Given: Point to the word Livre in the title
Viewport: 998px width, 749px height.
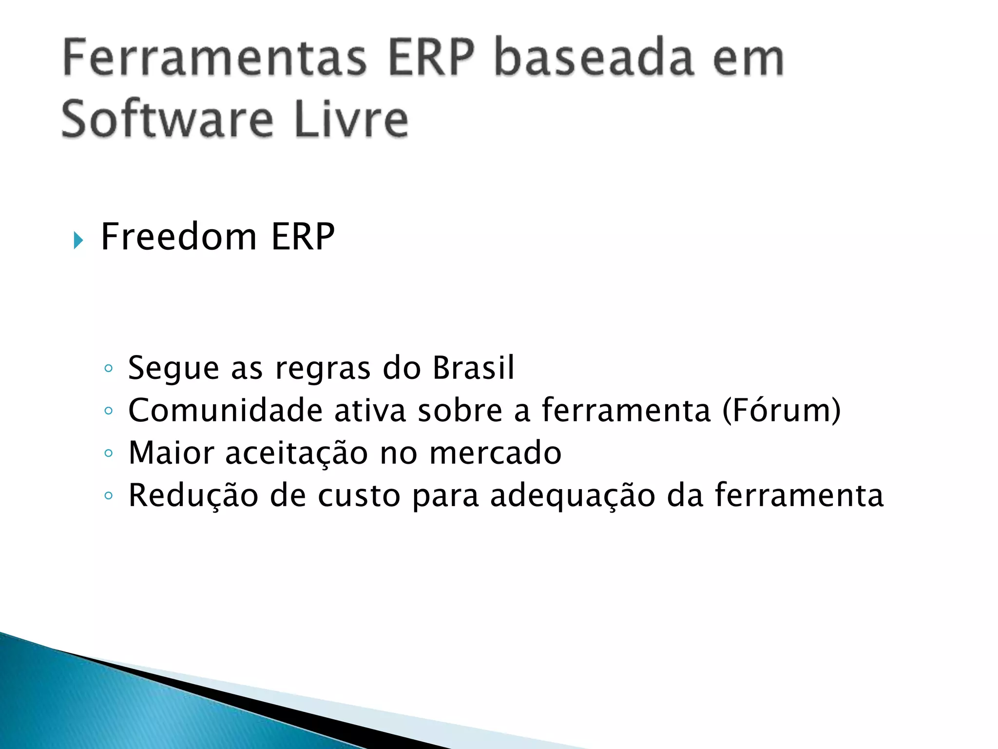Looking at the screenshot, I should point(351,119).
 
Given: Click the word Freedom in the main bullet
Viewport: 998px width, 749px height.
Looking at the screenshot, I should point(178,237).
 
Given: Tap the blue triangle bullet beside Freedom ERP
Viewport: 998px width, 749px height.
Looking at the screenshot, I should point(78,240).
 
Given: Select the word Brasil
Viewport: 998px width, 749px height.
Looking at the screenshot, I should point(473,368).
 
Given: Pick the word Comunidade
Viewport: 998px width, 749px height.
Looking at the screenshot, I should point(225,410).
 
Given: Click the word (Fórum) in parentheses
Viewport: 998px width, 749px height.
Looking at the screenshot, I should point(781,410).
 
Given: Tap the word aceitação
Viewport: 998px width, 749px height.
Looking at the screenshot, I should point(296,453).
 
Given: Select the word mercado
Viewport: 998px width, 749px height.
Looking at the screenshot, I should point(495,453).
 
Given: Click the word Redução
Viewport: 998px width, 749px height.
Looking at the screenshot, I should point(193,496).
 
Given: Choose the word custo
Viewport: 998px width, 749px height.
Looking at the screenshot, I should point(359,496).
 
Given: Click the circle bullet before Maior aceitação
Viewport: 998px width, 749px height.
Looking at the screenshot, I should point(109,453).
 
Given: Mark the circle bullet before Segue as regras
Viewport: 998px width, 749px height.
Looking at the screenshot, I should point(109,368).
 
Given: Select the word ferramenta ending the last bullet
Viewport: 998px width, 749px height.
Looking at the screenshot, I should point(799,496).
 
